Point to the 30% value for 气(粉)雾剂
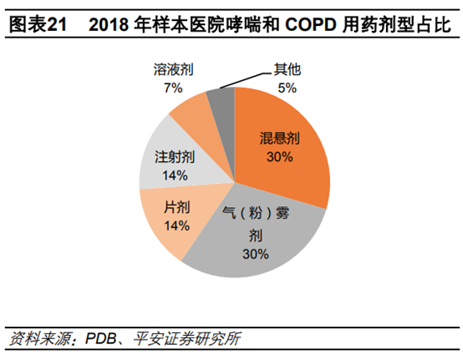click(254, 254)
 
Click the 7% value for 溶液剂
click(173, 87)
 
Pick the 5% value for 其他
click(287, 87)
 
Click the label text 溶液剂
click(174, 71)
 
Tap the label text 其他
click(287, 71)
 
